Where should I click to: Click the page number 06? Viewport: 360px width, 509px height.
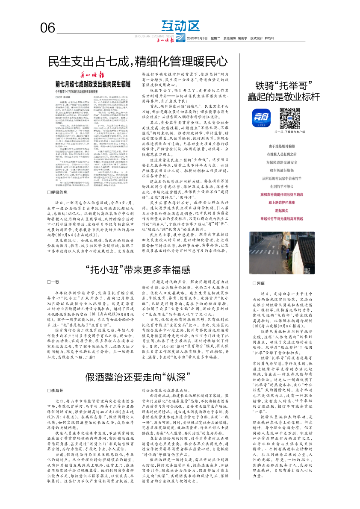48,28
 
